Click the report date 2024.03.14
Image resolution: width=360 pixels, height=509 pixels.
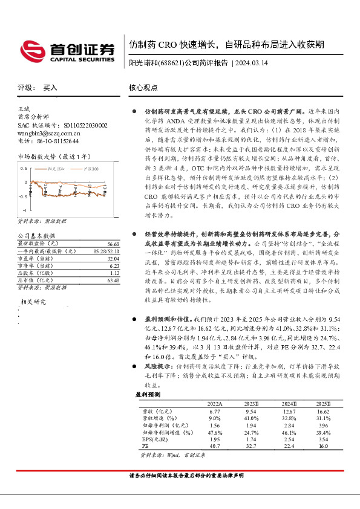252,63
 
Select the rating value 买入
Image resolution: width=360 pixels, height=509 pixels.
50,88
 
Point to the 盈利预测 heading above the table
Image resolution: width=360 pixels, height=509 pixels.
149,394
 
